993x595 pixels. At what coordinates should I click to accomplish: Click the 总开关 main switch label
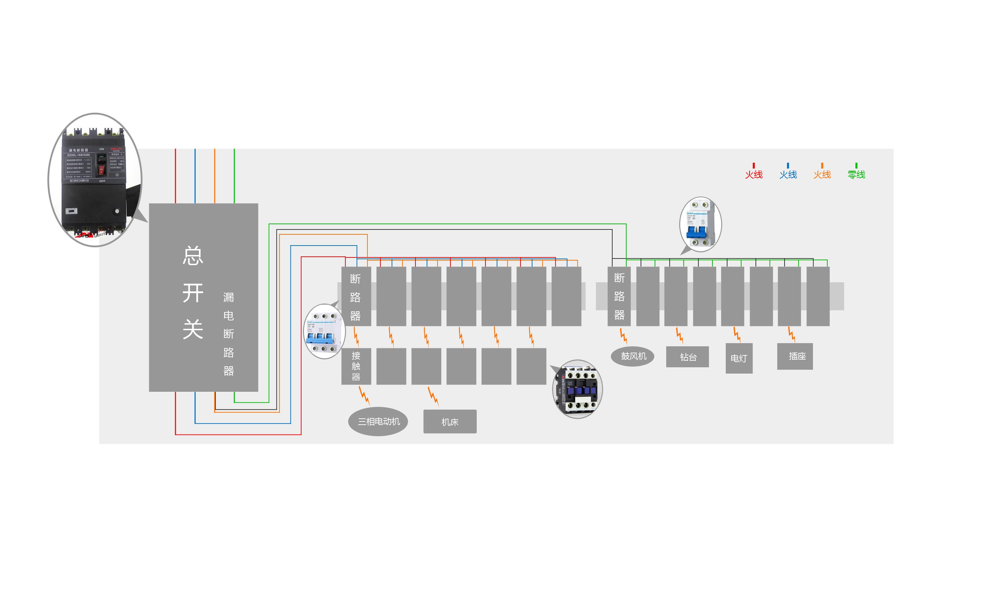click(193, 293)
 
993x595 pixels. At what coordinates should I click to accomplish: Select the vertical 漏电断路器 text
click(228, 334)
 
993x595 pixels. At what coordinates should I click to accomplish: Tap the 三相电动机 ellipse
click(378, 422)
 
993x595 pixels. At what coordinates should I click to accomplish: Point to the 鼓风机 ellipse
click(633, 356)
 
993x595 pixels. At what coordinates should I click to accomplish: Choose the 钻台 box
click(688, 357)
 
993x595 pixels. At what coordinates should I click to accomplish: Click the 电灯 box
click(739, 359)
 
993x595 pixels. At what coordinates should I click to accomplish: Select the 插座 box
click(795, 356)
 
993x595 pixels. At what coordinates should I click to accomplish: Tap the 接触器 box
click(356, 366)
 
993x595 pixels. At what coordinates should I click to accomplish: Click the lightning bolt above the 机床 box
click(433, 396)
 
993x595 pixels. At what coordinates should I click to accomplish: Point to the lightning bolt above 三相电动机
click(364, 395)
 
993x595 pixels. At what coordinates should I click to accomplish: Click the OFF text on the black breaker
click(102, 181)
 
